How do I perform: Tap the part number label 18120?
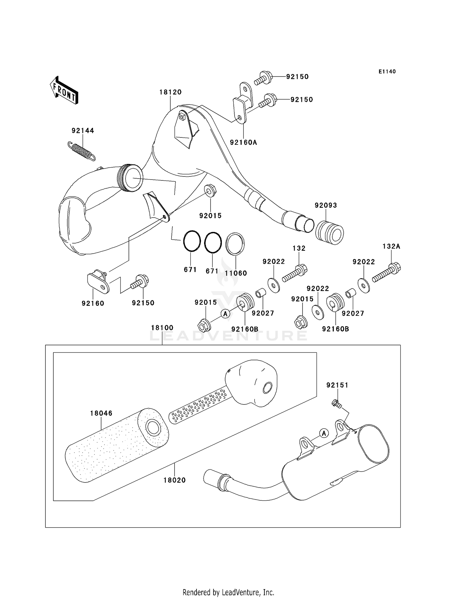(x=170, y=92)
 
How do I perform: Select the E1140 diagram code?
(x=387, y=72)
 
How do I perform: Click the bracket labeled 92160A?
(x=243, y=103)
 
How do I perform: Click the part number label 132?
(x=299, y=248)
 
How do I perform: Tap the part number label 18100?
(x=162, y=328)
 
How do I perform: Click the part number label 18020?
(x=174, y=480)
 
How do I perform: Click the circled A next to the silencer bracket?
(x=324, y=433)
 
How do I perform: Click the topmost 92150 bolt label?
(x=297, y=77)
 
